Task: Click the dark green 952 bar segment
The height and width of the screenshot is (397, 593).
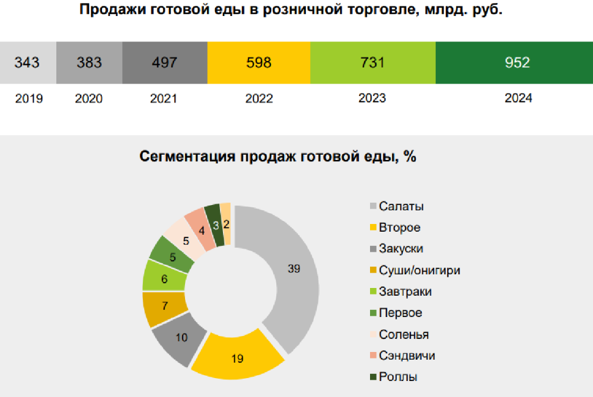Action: click(514, 62)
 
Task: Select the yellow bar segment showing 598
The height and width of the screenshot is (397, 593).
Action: click(259, 62)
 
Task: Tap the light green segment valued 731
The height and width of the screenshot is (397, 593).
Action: click(372, 62)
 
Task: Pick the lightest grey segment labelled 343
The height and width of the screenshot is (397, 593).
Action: click(27, 62)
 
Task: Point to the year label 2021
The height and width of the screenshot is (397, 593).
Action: click(164, 98)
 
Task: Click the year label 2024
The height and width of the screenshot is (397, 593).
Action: click(518, 98)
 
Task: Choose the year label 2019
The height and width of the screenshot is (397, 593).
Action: click(29, 98)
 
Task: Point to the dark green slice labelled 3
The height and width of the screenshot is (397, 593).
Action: click(214, 224)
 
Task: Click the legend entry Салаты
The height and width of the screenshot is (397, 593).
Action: click(401, 206)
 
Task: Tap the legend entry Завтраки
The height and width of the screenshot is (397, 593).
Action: click(405, 292)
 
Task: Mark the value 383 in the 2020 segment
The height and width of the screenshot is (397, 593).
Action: click(90, 62)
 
